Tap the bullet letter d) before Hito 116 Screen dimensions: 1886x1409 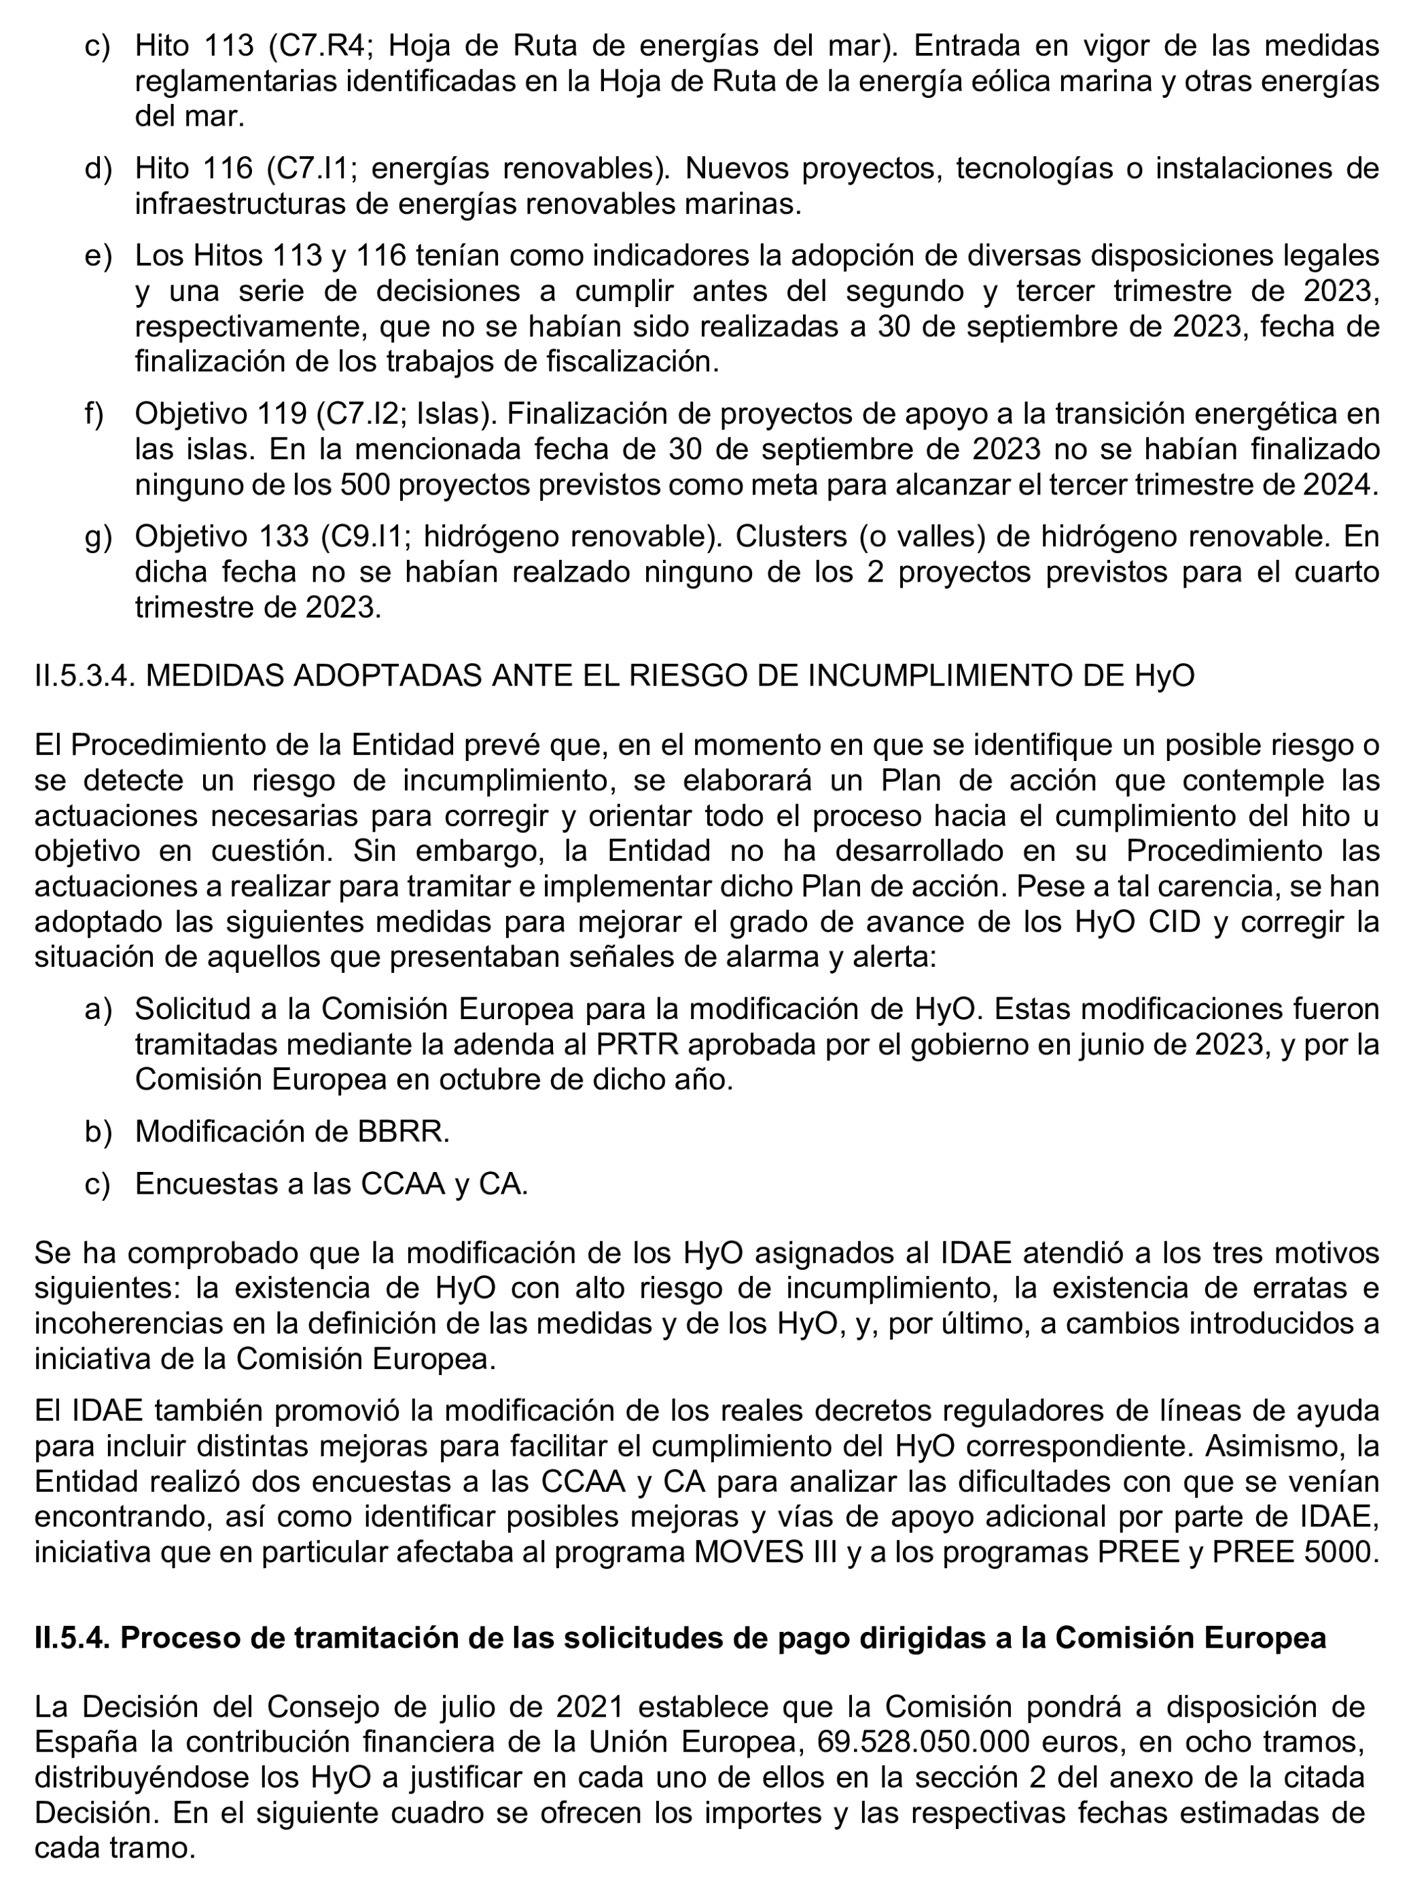(98, 168)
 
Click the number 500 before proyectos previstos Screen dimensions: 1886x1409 (365, 485)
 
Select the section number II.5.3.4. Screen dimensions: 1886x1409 (85, 675)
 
